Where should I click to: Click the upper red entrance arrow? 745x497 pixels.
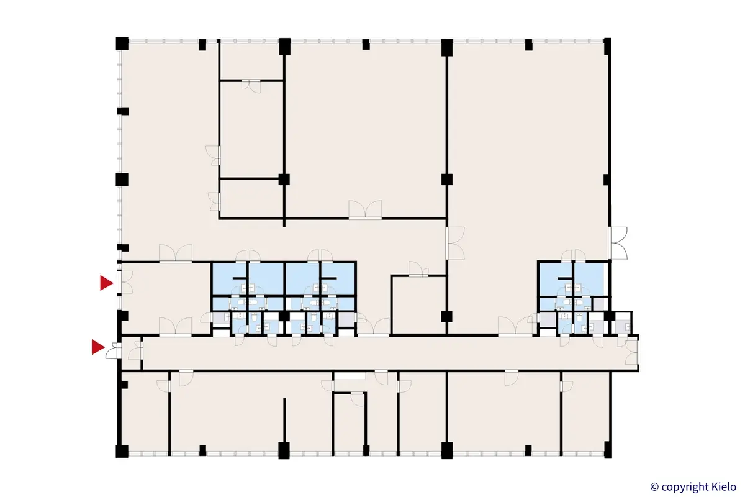[x=106, y=283]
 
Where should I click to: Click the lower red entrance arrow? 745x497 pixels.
[x=97, y=347]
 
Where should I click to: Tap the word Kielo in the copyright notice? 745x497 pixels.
[x=721, y=486]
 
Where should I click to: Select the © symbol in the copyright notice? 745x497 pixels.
[x=654, y=486]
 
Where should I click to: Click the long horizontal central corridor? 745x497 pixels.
[x=385, y=353]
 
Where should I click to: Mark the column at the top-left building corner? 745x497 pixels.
[x=122, y=44]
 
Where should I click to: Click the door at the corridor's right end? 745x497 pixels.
[x=632, y=353]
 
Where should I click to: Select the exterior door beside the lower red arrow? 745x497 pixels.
[x=112, y=351]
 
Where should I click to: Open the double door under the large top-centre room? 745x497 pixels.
[x=365, y=210]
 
